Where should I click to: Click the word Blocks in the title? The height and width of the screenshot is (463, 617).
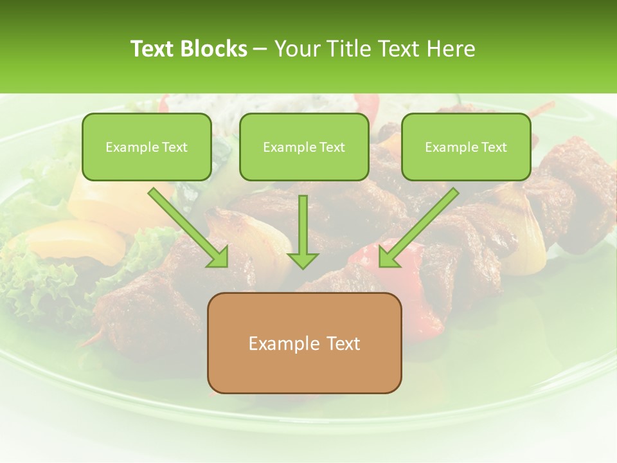pyautogui.click(x=215, y=49)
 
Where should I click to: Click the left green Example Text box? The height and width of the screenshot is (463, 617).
pyautogui.click(x=147, y=147)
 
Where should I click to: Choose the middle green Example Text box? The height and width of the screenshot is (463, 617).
pyautogui.click(x=304, y=147)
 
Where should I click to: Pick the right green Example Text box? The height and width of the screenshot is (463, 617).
pyautogui.click(x=466, y=147)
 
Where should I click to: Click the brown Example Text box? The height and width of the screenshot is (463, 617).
pyautogui.click(x=304, y=343)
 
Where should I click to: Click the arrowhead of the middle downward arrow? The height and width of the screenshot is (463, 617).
pyautogui.click(x=303, y=260)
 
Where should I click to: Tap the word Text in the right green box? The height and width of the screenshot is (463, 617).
pyautogui.click(x=494, y=147)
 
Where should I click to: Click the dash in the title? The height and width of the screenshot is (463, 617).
pyautogui.click(x=260, y=50)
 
